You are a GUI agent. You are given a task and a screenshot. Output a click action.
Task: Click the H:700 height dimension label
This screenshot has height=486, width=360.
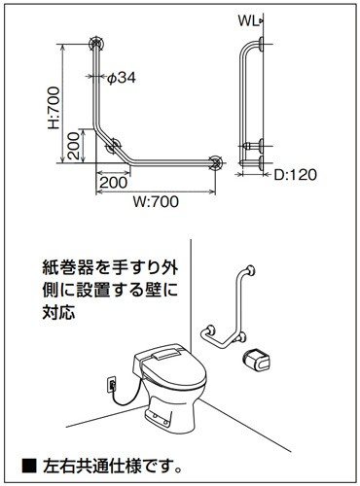point(54,108)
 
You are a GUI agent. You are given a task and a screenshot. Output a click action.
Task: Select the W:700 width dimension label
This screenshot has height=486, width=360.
point(156,202)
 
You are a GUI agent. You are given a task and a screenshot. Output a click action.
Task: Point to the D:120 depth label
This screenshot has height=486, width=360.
point(295,175)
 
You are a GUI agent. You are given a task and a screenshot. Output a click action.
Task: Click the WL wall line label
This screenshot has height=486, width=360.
point(248,21)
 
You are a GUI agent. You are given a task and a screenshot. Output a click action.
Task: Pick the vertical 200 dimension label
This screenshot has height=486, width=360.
point(74,146)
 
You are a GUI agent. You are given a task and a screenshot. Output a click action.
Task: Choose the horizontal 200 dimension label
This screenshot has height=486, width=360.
point(114,183)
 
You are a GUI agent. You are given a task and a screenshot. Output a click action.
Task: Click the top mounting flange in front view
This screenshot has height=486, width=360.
point(96,44)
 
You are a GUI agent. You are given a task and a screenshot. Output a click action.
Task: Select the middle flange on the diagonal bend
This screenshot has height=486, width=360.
point(114,146)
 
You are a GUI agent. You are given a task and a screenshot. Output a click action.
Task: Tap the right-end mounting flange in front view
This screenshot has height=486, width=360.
point(215,163)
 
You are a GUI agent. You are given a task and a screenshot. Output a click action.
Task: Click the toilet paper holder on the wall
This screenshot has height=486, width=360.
point(256,359)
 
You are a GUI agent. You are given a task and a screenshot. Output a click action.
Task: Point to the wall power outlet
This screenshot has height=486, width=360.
point(112,384)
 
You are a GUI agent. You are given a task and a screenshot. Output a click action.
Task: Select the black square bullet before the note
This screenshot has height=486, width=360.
point(29,466)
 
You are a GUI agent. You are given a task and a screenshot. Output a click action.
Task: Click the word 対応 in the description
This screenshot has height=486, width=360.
point(59,312)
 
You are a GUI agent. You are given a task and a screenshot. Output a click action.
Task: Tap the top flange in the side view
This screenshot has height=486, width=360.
point(261,44)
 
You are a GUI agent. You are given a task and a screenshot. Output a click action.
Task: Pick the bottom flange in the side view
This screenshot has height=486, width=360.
point(261,162)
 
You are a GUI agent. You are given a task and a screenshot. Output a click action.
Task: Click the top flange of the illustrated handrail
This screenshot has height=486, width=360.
point(251,269)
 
